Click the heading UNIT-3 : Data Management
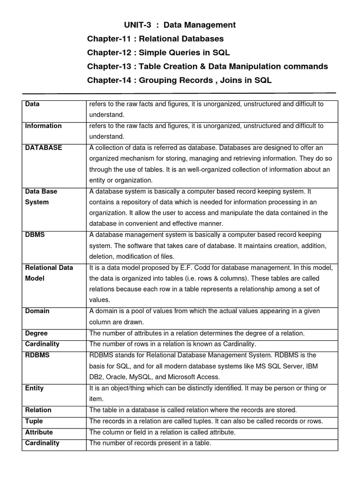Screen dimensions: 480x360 point(180,25)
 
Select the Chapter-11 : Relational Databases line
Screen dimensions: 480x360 point(155,38)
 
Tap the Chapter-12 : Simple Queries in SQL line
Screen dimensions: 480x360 point(158,52)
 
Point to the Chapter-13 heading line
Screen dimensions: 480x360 point(207,67)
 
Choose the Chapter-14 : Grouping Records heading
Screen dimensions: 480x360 point(179,81)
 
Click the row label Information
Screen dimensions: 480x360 point(43,126)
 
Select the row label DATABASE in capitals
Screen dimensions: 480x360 point(43,148)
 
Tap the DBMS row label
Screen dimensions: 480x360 point(35,234)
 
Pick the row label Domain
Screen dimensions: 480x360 point(37,311)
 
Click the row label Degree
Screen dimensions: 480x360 point(36,333)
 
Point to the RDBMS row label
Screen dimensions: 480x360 point(37,355)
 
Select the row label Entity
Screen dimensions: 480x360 point(34,388)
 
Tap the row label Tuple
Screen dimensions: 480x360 point(34,421)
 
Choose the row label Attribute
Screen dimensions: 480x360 point(38,432)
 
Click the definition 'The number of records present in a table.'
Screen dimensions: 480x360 point(150,443)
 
